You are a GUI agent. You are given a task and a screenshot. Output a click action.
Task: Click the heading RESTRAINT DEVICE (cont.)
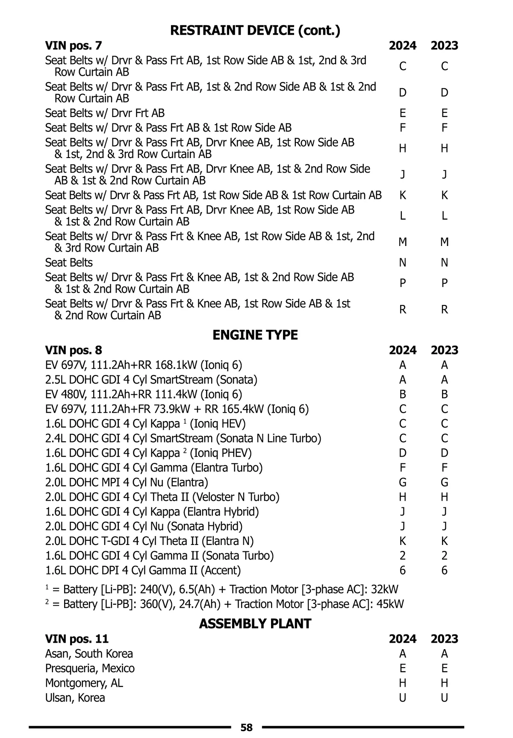pos(255,30)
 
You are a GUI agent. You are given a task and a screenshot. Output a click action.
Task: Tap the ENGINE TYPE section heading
pos(255,335)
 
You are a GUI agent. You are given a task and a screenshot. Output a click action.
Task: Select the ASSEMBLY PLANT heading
pos(255,624)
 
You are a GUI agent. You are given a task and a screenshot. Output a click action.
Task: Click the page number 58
pos(247,727)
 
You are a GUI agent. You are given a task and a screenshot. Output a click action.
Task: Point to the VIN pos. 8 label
pos(74,350)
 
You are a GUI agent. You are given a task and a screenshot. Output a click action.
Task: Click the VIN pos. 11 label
pos(77,639)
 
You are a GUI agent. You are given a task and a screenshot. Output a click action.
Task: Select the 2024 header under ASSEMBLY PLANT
pos(402,639)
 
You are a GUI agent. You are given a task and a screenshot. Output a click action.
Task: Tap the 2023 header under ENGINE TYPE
pos(444,350)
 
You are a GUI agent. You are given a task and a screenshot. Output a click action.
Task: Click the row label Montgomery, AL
pos(84,683)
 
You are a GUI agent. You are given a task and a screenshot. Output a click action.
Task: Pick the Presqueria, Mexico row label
pos(90,668)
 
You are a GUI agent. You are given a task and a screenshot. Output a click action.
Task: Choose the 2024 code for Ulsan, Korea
pos(402,697)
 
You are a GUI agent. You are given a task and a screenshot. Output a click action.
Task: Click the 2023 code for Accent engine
pos(444,570)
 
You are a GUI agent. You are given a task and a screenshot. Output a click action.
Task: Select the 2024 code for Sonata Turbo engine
pos(402,556)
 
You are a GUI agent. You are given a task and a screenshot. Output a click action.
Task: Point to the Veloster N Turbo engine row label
pos(162,497)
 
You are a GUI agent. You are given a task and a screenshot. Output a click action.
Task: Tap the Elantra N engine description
pos(150,541)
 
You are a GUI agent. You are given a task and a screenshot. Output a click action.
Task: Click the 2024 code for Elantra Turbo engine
pos(402,468)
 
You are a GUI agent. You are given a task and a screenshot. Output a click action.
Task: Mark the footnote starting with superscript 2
pos(224,604)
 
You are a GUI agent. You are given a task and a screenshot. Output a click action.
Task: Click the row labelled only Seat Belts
pos(69,262)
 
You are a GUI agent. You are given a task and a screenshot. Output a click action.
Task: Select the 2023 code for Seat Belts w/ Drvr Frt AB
pos(444,113)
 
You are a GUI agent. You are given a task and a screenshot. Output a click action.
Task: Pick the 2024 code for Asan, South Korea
pos(402,654)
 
